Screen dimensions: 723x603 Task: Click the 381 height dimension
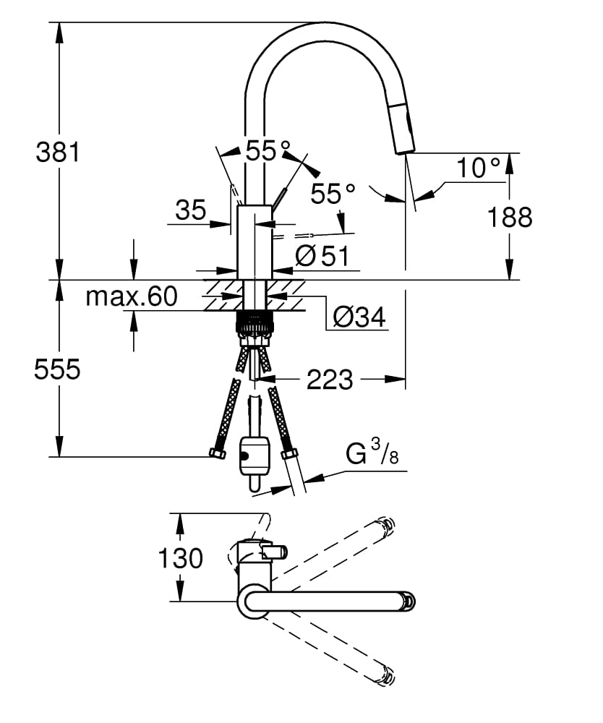[57, 152]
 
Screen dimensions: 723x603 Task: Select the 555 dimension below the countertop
[57, 369]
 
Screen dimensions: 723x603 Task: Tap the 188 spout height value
[510, 216]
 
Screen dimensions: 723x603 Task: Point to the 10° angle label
[478, 168]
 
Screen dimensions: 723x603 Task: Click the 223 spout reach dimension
[330, 379]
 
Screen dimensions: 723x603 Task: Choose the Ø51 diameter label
[322, 255]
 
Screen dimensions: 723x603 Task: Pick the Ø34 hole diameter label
[359, 316]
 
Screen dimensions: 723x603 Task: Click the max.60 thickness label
[131, 296]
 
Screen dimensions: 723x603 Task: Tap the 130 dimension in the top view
[181, 557]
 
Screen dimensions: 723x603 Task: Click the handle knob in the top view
[275, 553]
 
